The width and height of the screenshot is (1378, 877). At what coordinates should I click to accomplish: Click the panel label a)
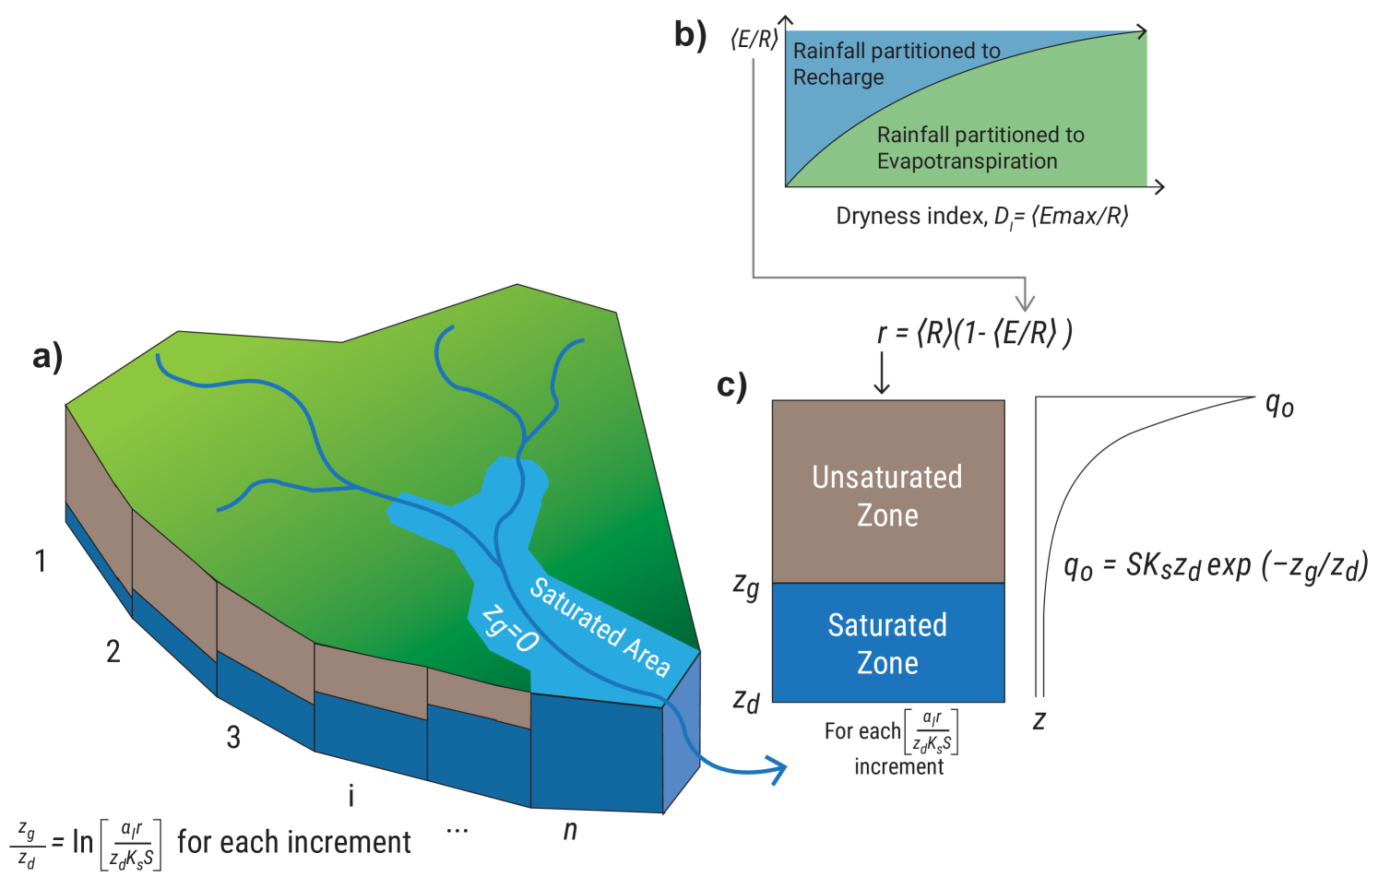click(x=48, y=357)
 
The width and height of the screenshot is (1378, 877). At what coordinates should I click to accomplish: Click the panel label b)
click(x=690, y=35)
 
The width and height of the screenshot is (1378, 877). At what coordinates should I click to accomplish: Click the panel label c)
click(x=731, y=385)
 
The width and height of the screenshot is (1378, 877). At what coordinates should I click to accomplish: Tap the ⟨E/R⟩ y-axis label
click(x=754, y=40)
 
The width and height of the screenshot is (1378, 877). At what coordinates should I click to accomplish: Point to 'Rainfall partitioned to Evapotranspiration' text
click(x=980, y=148)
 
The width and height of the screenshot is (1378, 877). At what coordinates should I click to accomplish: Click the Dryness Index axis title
click(x=981, y=217)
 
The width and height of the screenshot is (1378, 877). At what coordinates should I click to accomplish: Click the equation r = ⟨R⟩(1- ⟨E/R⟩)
click(x=974, y=333)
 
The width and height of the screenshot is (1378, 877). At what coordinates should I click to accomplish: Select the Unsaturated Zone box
click(x=887, y=492)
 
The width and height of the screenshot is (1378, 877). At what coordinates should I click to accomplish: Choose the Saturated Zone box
click(x=887, y=643)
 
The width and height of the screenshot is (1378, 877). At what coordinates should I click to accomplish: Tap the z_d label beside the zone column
click(x=746, y=701)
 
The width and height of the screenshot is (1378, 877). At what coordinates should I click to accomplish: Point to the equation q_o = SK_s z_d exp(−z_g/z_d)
click(x=1215, y=565)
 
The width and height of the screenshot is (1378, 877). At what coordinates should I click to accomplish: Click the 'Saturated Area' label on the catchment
click(x=600, y=627)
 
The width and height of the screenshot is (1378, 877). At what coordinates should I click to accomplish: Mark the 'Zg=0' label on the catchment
click(x=510, y=629)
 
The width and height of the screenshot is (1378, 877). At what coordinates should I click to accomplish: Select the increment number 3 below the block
click(x=234, y=737)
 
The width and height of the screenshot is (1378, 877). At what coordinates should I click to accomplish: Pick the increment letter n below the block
click(x=571, y=830)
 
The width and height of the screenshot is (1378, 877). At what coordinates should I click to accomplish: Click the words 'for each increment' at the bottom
click(x=294, y=842)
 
